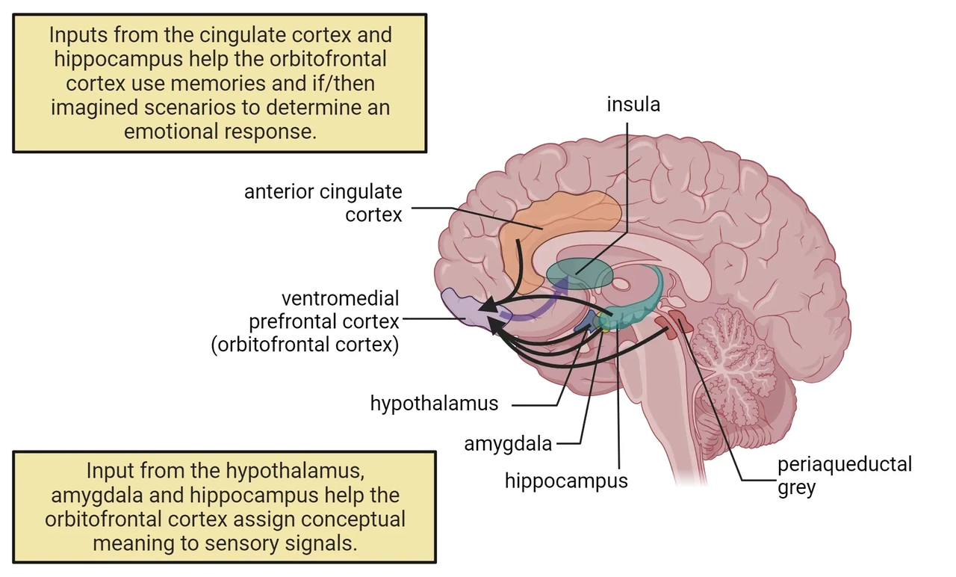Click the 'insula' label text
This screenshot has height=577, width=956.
633,105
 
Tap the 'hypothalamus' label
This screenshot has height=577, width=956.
434,404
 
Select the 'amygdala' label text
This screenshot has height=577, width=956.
508,444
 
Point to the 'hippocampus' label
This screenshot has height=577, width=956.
566,481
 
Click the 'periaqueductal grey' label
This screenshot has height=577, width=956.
845,476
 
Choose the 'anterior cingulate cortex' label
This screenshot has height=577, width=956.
323,203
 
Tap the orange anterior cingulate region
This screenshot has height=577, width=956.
555,231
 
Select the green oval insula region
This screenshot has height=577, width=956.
580,274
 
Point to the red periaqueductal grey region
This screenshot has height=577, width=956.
674,324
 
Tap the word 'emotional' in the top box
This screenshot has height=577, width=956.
171,132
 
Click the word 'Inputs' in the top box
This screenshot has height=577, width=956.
78,35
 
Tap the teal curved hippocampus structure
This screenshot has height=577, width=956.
640,303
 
